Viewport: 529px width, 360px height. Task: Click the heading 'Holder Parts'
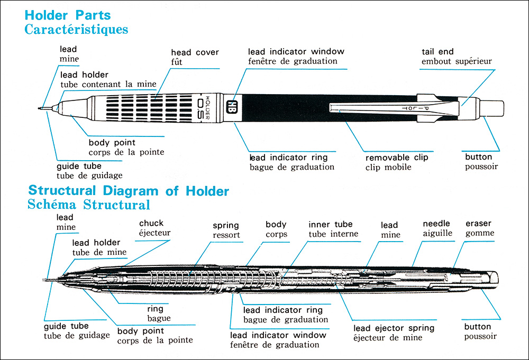click(68, 15)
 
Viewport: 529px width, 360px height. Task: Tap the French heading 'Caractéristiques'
click(76, 29)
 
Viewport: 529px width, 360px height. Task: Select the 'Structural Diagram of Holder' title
click(129, 191)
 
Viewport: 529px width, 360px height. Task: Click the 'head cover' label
click(195, 52)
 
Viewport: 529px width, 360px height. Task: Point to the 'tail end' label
click(437, 52)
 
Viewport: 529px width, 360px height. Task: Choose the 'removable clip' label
click(397, 158)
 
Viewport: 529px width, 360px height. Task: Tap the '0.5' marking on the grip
click(200, 108)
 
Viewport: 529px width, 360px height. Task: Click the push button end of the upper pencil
click(491, 108)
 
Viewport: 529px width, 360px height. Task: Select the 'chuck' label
click(151, 223)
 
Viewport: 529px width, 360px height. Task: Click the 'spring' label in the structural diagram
click(226, 226)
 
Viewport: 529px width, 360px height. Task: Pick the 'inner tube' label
click(330, 224)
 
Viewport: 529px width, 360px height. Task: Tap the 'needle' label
click(436, 224)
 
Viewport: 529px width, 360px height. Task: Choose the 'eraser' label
click(478, 224)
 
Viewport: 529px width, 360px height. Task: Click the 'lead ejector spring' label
click(394, 328)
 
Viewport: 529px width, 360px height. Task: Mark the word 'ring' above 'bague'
click(155, 309)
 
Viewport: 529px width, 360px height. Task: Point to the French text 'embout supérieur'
click(457, 61)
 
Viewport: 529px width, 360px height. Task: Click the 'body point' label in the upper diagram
click(112, 143)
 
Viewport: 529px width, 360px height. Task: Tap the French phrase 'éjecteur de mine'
click(388, 338)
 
